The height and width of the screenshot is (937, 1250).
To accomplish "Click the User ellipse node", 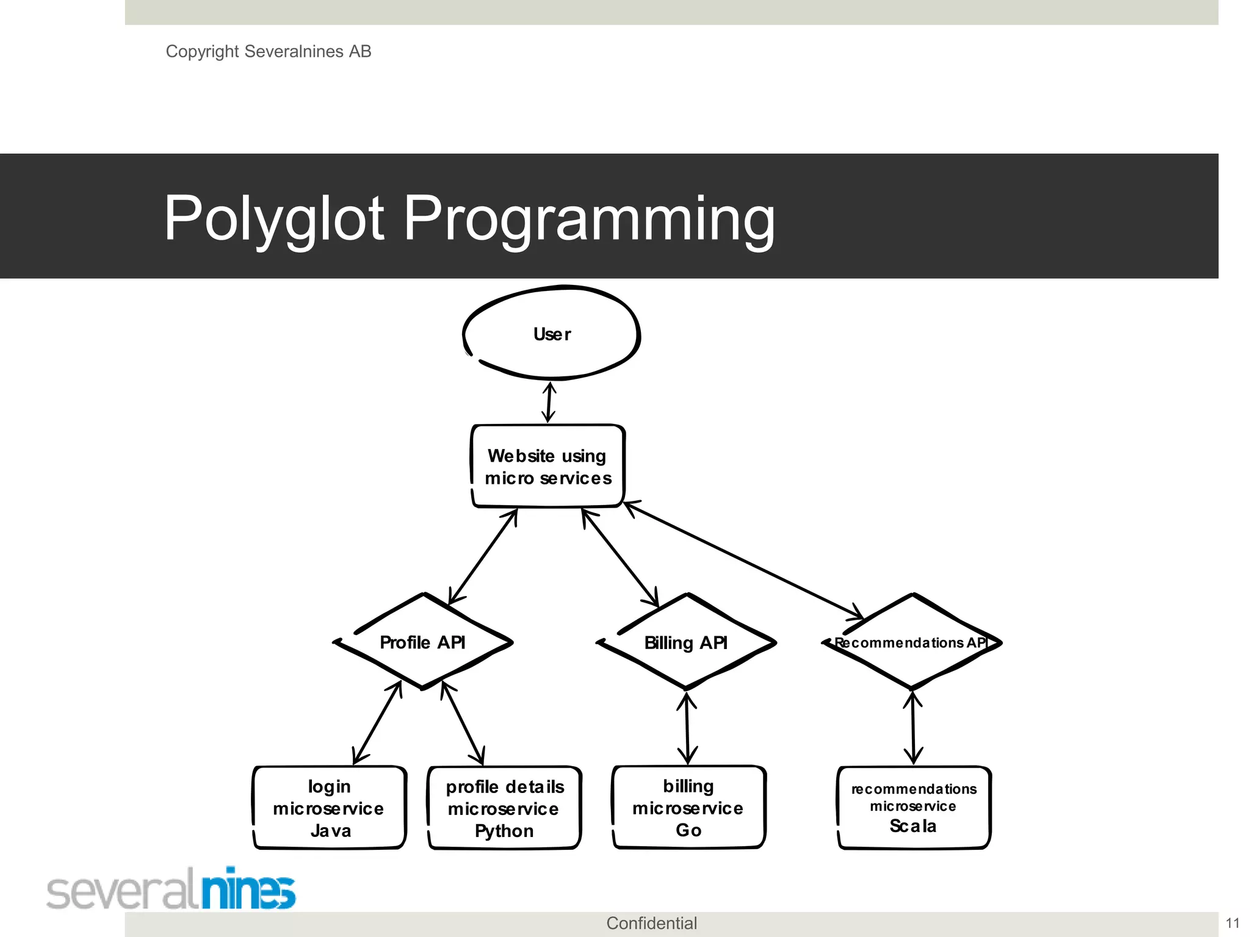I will pos(552,334).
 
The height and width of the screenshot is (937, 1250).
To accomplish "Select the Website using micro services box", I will pos(547,467).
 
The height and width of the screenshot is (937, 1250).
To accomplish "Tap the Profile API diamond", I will pos(422,642).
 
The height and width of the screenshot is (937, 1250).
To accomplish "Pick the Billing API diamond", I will pos(686,642).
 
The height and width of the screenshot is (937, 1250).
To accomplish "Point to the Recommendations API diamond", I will pos(912,642).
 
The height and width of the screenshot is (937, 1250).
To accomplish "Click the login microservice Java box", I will pos(330,808).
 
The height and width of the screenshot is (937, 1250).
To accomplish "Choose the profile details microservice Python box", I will pos(504,808).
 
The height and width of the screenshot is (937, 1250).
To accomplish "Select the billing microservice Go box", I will pos(688,808).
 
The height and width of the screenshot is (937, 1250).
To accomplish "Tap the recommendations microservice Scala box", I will pos(914,808).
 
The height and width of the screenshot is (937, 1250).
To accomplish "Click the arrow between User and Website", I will pos(549,402).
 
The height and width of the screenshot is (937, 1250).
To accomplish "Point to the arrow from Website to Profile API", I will pos(483,556).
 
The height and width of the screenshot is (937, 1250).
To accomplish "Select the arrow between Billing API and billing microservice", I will pos(687,728).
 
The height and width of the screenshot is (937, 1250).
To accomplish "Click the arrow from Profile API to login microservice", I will pos(378,723).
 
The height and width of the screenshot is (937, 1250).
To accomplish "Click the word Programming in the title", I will pos(589,218).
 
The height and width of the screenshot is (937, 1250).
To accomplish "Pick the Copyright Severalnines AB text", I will pos(269,51).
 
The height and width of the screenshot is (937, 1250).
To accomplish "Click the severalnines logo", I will pos(171,889).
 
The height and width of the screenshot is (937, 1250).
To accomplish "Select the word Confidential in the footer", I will pos(651,923).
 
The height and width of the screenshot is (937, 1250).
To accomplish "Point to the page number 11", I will pos(1232,923).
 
